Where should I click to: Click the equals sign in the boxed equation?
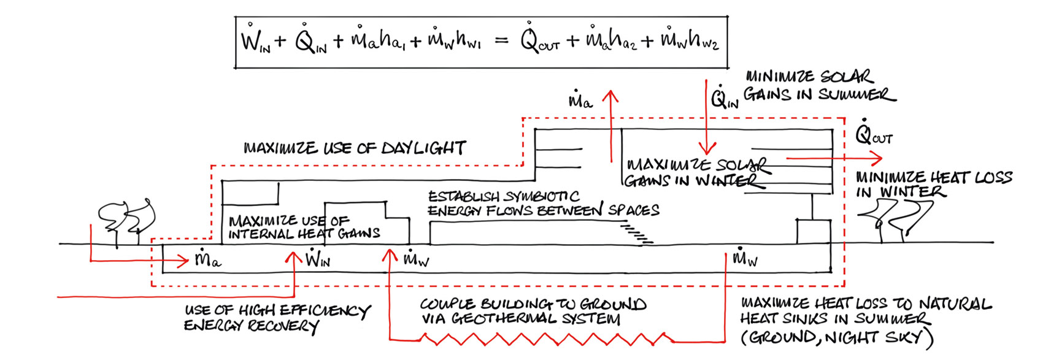501,40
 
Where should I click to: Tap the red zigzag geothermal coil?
547,339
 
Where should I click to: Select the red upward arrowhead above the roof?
610,96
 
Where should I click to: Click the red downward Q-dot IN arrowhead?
707,148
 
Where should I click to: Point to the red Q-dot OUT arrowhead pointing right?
876,159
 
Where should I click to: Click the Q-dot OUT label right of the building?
874,133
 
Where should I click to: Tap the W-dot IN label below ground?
318,258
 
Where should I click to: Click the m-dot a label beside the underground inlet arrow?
208,258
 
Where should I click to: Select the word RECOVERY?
283,326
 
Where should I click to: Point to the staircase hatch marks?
636,233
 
